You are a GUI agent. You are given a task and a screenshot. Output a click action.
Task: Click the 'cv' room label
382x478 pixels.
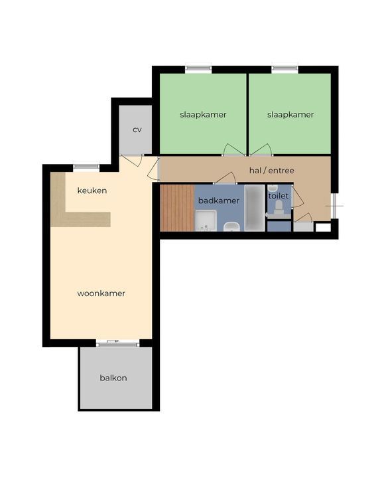tap(137, 129)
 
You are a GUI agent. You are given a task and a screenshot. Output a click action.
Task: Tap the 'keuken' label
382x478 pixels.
tap(92, 191)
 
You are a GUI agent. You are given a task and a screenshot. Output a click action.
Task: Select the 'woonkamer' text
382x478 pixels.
tap(101, 293)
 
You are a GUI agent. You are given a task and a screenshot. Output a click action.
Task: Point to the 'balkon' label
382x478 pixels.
tap(113, 378)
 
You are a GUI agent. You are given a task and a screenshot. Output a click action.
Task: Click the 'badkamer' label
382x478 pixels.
tap(219, 200)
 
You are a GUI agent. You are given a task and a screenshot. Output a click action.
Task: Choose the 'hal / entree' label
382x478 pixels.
tap(272, 171)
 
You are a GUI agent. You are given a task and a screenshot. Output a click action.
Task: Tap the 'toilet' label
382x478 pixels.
tap(279, 196)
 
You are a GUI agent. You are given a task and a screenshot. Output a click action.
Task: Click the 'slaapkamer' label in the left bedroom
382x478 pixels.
tap(203, 115)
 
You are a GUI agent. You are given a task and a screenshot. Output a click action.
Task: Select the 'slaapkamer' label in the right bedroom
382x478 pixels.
tap(290, 115)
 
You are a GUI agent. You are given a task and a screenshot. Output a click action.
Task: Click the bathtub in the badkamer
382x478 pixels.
tap(255, 208)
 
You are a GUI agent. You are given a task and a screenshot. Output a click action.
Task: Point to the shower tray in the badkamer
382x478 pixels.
tap(206, 220)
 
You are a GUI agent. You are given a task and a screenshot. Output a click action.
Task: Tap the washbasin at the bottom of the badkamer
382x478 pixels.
tap(232, 227)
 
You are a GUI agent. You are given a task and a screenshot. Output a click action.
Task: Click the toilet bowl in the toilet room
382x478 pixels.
tap(279, 208)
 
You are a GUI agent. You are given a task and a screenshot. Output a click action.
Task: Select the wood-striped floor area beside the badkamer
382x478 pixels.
tap(177, 208)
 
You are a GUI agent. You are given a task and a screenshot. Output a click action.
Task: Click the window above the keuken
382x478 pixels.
tap(86, 167)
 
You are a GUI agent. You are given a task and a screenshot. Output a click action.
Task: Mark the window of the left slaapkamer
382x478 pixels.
tap(198, 68)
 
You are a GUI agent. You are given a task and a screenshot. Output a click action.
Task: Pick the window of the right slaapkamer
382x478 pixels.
tap(285, 68)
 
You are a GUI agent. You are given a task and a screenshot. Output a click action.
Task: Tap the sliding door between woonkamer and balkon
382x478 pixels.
tap(117, 344)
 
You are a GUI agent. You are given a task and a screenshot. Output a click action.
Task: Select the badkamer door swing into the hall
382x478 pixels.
tap(225, 179)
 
